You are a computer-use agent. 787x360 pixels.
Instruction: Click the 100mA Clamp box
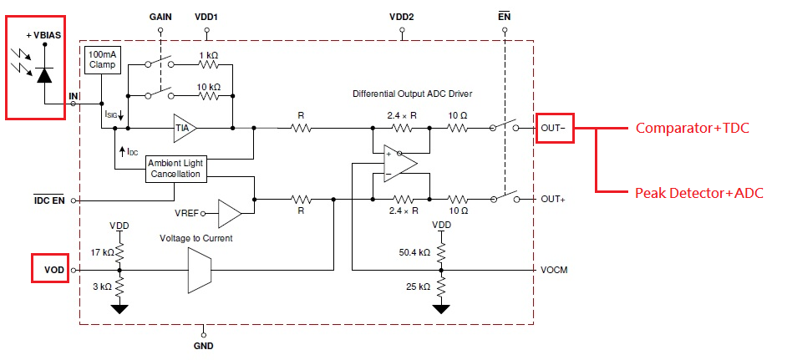click(x=103, y=61)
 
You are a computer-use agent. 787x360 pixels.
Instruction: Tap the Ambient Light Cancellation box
click(x=175, y=169)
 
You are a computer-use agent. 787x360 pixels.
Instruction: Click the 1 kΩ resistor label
click(x=209, y=54)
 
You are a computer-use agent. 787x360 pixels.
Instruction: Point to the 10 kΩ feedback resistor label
click(x=209, y=86)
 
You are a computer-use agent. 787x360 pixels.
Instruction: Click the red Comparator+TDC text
click(x=692, y=128)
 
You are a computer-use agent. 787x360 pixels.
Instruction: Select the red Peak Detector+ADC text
click(x=699, y=192)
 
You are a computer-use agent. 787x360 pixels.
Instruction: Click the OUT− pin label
click(x=553, y=128)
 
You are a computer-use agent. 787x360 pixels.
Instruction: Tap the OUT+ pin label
click(x=553, y=200)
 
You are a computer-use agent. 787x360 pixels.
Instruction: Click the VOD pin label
click(x=54, y=270)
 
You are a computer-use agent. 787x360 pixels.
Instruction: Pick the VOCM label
click(x=554, y=270)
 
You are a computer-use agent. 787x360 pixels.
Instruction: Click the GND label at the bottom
click(x=203, y=346)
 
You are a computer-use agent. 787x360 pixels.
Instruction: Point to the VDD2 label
click(x=402, y=17)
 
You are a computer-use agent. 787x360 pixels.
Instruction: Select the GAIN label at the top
click(x=160, y=17)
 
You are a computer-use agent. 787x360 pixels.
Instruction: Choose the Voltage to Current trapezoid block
click(x=200, y=270)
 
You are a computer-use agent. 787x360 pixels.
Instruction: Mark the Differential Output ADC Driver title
click(x=412, y=94)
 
